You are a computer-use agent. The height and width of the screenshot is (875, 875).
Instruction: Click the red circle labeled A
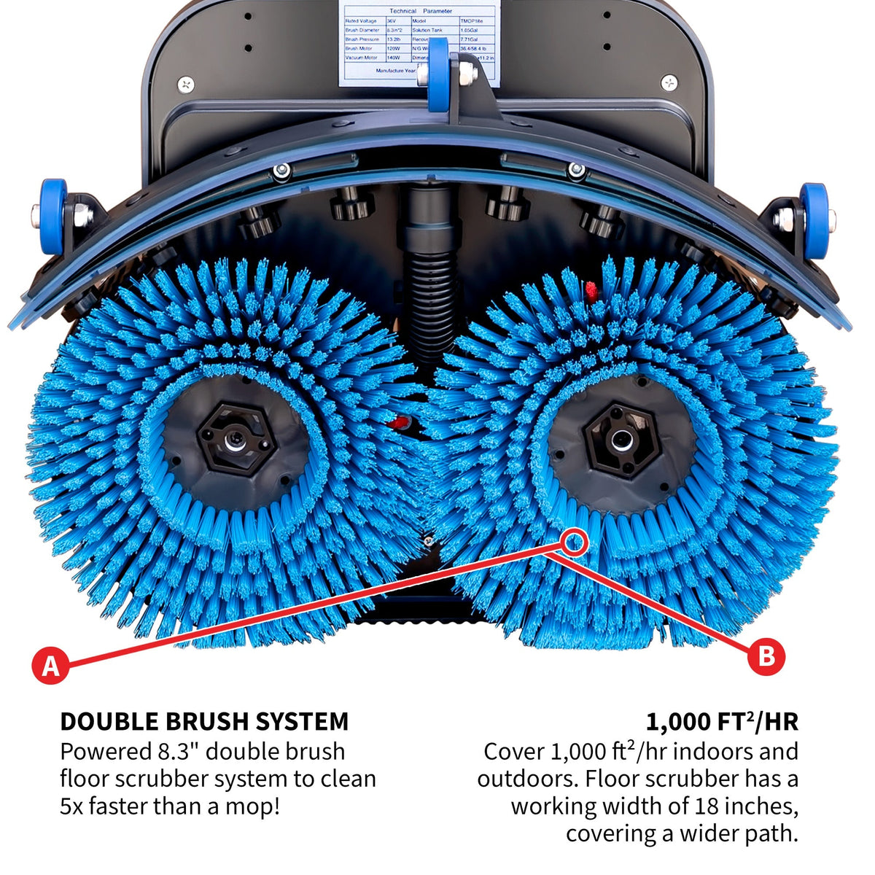[50, 665]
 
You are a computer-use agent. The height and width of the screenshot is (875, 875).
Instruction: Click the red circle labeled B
[766, 657]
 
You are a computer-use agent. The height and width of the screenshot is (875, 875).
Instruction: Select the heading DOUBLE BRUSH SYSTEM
[204, 721]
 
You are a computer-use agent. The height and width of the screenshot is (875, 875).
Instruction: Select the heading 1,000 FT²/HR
[721, 721]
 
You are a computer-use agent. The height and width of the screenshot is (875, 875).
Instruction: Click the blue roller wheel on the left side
[52, 216]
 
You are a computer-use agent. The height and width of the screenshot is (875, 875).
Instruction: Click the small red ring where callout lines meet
[574, 542]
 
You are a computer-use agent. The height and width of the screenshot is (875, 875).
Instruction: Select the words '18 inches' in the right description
[744, 806]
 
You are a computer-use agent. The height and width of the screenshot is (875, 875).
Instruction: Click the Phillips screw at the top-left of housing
[186, 84]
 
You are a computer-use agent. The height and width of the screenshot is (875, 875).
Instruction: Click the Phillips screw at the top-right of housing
[669, 82]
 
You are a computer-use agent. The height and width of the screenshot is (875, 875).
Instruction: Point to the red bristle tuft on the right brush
[591, 289]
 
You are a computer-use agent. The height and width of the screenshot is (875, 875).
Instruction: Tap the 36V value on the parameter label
[392, 21]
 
